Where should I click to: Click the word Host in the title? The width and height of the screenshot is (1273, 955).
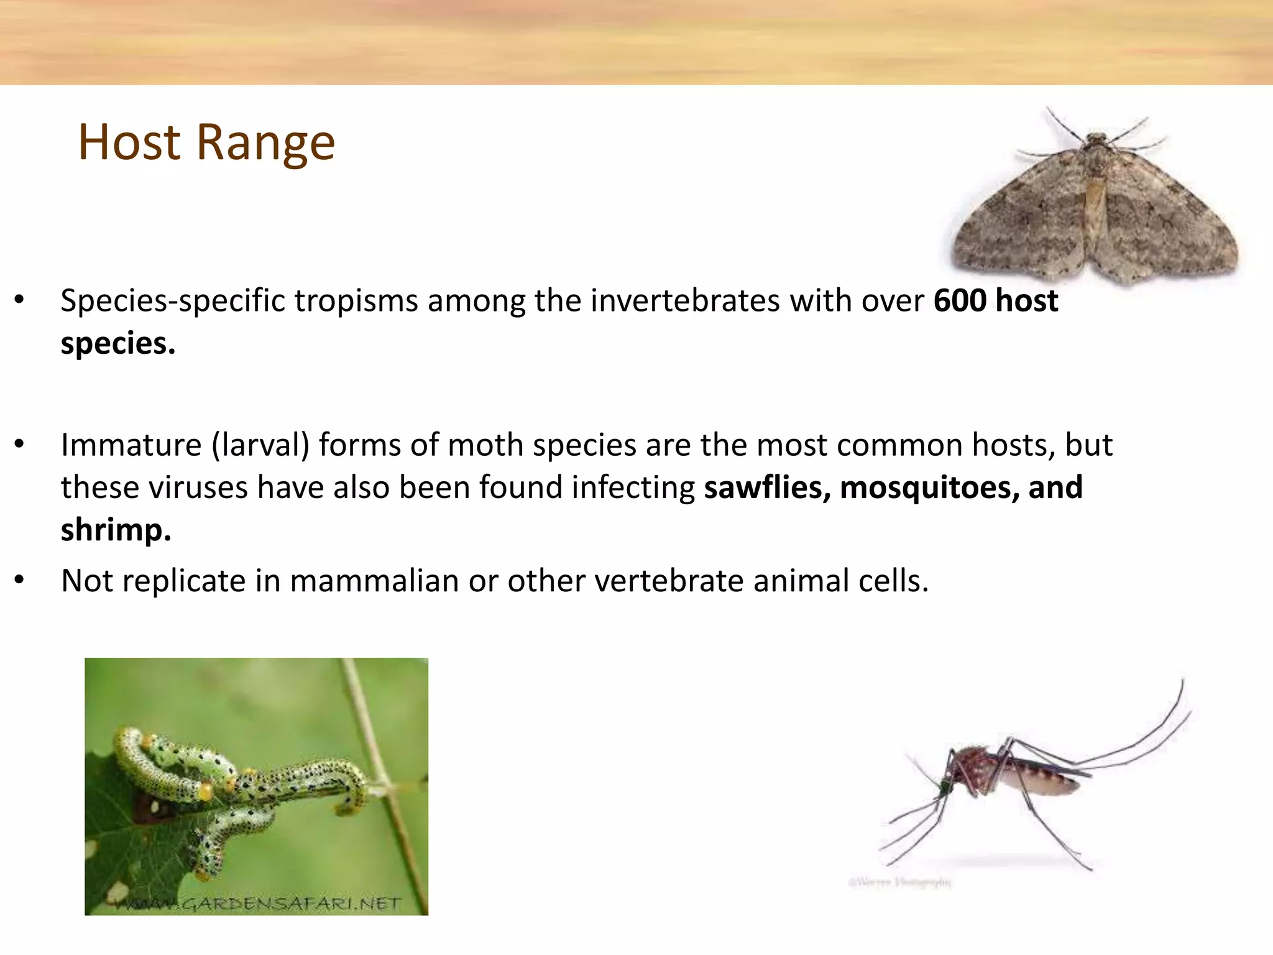129,142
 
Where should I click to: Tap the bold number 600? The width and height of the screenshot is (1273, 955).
960,301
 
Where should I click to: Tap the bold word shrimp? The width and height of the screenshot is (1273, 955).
116,530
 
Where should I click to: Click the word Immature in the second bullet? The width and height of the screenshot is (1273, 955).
131,445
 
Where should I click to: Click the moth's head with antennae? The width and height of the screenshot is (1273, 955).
1095,139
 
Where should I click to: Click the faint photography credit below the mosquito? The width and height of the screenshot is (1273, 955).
899,882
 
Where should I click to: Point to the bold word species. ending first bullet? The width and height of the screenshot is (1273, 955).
117,344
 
